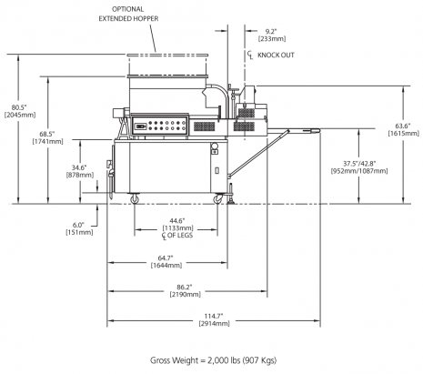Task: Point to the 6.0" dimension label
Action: tap(78, 225)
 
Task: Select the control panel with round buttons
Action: tap(160, 127)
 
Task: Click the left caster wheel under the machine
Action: tap(137, 197)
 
